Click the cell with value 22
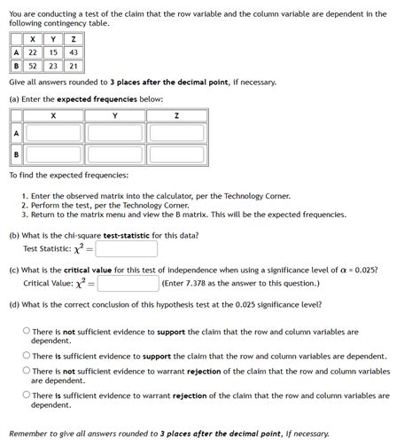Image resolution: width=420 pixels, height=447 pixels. click(x=33, y=52)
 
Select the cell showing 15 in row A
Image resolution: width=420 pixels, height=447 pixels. click(x=53, y=52)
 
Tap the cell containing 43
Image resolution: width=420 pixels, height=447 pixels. click(x=74, y=52)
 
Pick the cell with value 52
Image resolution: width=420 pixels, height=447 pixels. click(x=33, y=66)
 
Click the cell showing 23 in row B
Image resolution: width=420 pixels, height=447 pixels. click(x=53, y=66)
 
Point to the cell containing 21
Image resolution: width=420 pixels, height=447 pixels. click(x=74, y=66)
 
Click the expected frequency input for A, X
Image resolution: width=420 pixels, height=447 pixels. click(x=53, y=132)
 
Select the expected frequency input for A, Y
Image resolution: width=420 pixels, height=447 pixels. click(x=115, y=132)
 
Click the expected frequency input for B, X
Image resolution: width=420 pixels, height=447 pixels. click(x=53, y=157)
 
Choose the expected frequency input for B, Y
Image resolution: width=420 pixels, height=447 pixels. click(x=115, y=157)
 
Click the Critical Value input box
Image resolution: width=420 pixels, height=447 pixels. click(x=128, y=284)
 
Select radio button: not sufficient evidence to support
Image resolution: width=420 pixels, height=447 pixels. click(x=27, y=332)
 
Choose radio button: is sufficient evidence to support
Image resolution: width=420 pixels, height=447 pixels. click(x=27, y=356)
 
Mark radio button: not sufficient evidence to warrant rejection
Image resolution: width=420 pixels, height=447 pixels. click(x=27, y=372)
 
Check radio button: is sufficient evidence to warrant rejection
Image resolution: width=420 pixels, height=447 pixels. click(x=27, y=396)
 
